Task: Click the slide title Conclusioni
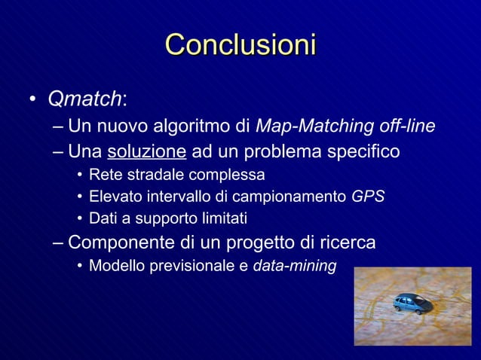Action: (x=240, y=44)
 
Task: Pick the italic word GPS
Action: (x=368, y=197)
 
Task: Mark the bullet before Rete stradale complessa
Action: (x=78, y=176)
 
